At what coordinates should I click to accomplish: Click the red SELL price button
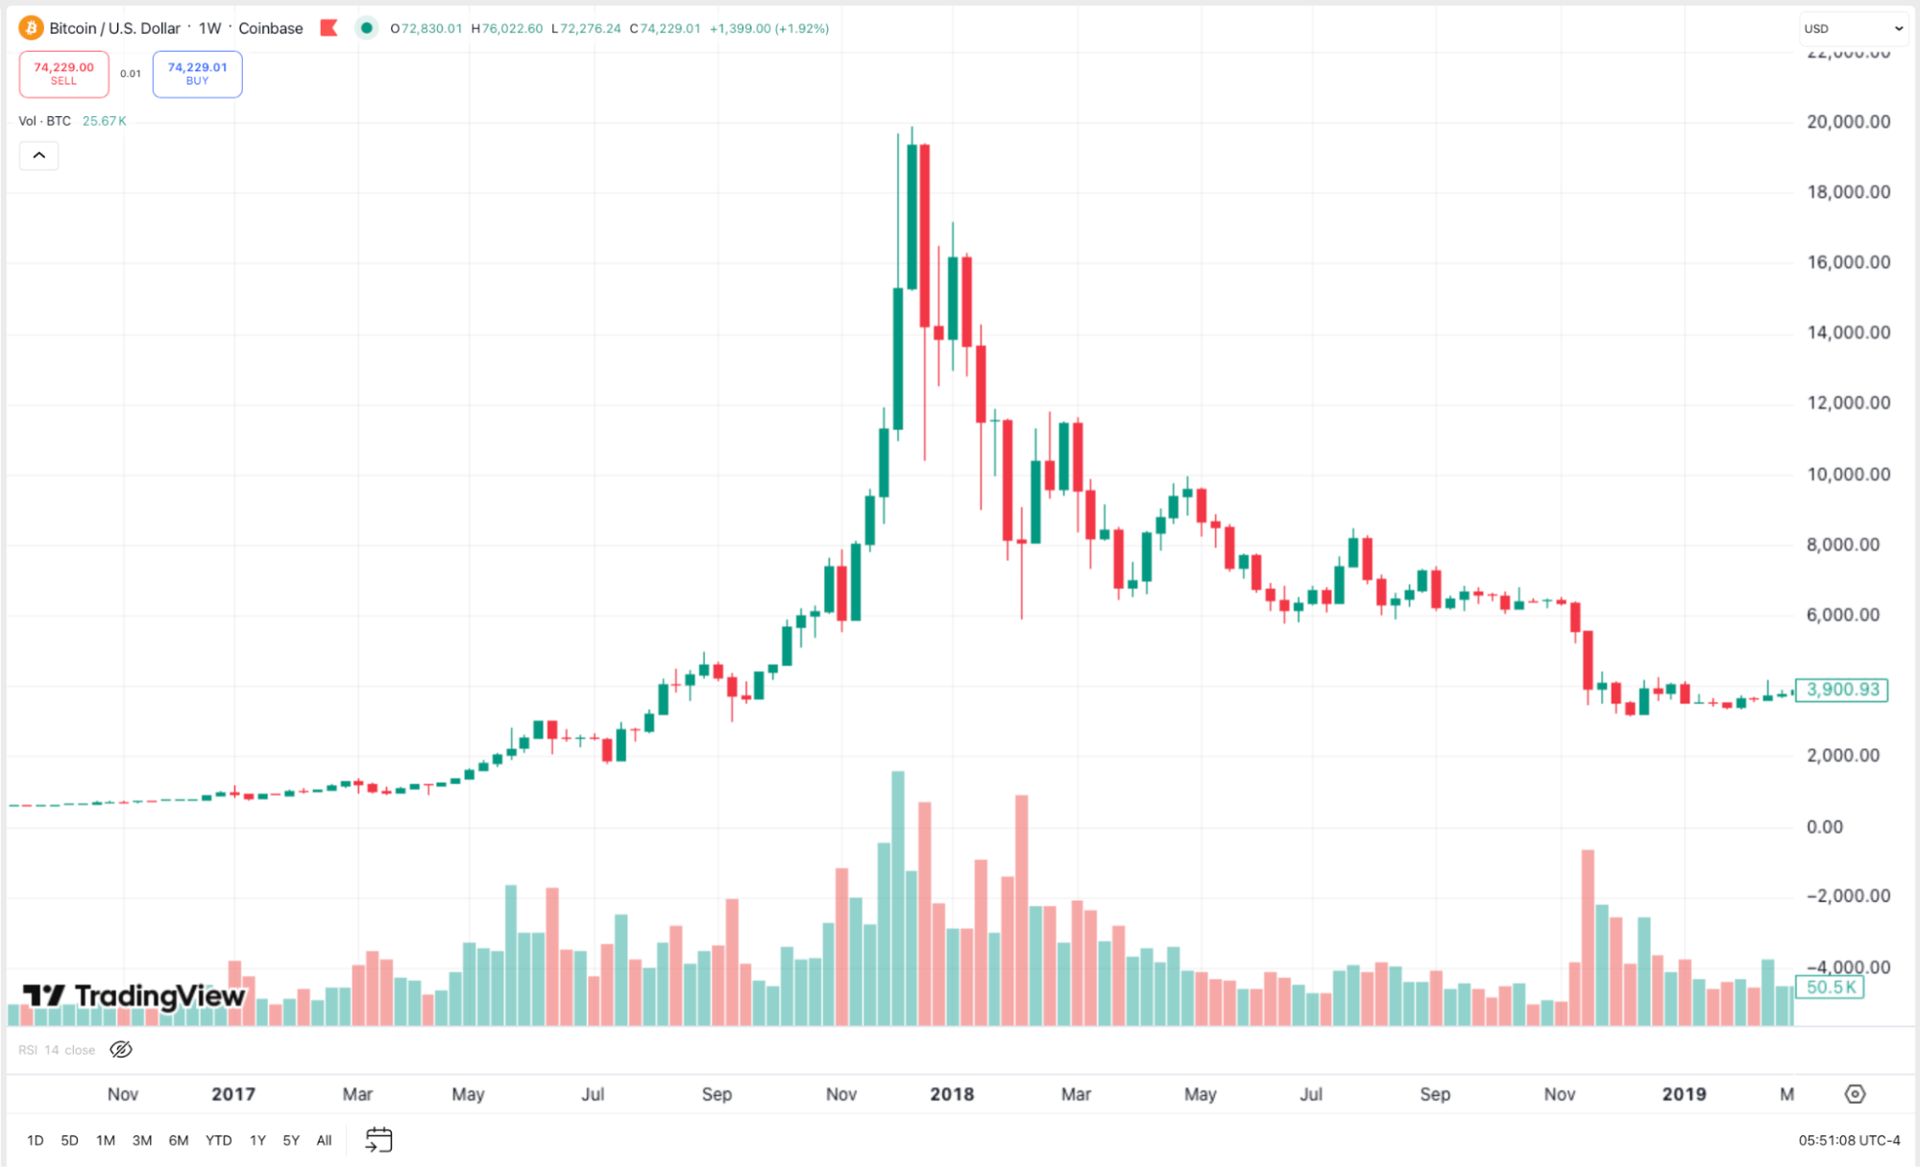point(63,73)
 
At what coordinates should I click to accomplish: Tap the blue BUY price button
point(197,73)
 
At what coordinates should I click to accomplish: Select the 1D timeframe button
point(36,1140)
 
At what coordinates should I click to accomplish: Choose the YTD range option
point(218,1140)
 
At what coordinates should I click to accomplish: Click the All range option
point(324,1140)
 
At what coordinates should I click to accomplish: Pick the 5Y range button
point(291,1140)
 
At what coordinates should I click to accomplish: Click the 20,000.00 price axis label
point(1848,122)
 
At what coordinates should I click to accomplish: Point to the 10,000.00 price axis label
point(1848,474)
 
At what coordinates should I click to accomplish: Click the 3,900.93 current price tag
point(1841,690)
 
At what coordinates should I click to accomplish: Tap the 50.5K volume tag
point(1830,987)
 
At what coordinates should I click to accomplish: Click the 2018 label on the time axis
point(952,1094)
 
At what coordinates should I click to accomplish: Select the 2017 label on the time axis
point(233,1094)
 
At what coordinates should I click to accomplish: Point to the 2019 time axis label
point(1684,1094)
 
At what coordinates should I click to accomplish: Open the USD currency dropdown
point(1853,29)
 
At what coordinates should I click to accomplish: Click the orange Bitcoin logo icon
point(31,28)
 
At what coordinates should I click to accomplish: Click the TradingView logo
point(134,996)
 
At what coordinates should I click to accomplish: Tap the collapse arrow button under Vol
point(39,156)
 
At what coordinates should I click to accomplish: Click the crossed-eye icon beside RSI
point(121,1050)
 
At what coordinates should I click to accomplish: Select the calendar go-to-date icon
point(379,1140)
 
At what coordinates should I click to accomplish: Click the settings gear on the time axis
point(1855,1094)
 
